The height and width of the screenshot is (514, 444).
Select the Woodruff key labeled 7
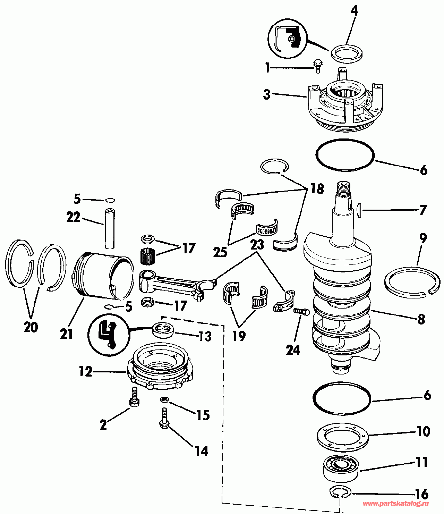pos(359,210)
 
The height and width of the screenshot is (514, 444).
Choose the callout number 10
pos(424,431)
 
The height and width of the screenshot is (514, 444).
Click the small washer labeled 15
pos(164,399)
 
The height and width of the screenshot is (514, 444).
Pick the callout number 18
pos(317,189)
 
